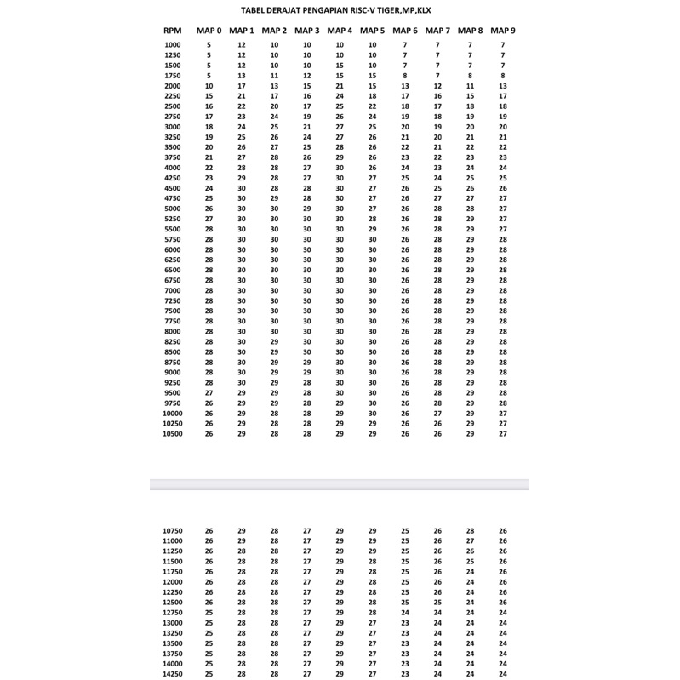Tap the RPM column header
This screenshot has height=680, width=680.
[x=172, y=31]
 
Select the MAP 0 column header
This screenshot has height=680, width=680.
[x=209, y=31]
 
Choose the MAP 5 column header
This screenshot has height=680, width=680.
[x=372, y=31]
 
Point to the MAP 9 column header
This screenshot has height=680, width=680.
[x=503, y=31]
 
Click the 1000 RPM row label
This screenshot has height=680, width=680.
[x=172, y=44]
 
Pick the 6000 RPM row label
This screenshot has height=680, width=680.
[x=172, y=249]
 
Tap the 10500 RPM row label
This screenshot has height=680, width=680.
[x=172, y=433]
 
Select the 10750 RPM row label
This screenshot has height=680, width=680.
[x=172, y=530]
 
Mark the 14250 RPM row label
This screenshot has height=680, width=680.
[x=172, y=673]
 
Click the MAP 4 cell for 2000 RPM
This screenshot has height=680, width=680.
[x=340, y=86]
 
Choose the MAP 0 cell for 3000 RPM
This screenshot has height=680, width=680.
[x=209, y=127]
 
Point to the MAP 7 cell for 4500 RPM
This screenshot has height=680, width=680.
[x=437, y=188]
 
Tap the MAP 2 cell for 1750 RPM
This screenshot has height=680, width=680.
[x=274, y=76]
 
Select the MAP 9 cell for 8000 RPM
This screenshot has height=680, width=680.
[x=503, y=331]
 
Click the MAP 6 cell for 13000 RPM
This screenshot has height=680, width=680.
[x=405, y=622]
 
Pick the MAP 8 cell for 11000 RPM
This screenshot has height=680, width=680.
[x=471, y=540]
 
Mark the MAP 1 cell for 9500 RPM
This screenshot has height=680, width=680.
[x=242, y=392]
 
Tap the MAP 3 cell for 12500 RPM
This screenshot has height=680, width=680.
[x=307, y=602]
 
